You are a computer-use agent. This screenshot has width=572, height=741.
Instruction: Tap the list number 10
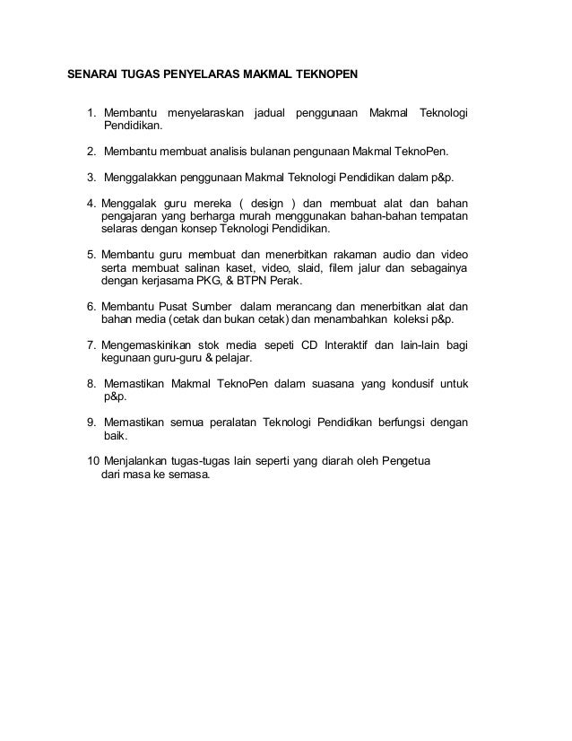coord(93,461)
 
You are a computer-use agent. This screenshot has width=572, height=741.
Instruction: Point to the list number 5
coord(91,256)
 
